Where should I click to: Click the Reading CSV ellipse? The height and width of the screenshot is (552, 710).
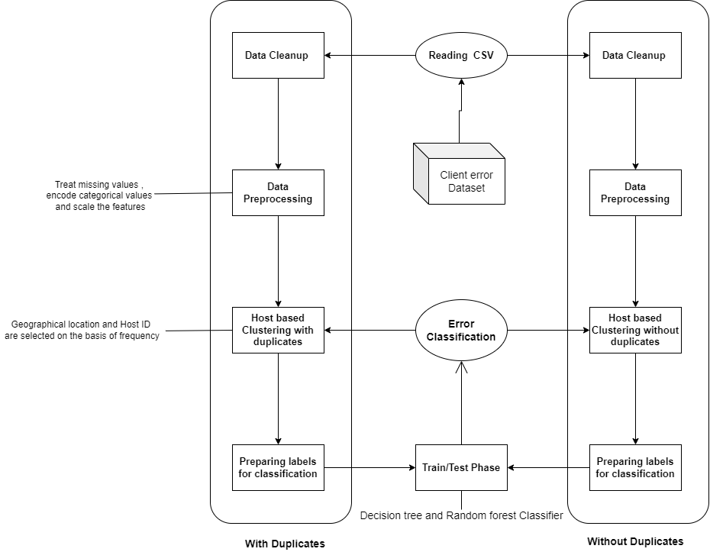[x=461, y=55]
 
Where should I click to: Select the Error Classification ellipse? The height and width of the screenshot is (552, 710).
[x=461, y=331]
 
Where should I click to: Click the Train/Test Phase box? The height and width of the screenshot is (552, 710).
[x=461, y=467]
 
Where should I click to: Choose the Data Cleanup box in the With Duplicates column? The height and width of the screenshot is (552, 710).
[x=278, y=55]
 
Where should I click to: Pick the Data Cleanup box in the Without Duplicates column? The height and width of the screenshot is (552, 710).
[x=634, y=55]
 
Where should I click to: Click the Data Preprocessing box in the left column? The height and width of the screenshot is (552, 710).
[x=278, y=192]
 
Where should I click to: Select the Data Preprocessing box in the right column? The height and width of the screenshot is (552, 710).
[x=634, y=192]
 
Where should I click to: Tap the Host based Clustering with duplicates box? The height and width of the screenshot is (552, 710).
[x=278, y=330]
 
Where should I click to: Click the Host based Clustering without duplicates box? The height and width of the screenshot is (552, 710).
[x=634, y=330]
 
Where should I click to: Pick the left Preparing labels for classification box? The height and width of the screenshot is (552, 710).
[x=278, y=467]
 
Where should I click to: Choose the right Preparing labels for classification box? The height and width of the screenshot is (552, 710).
[x=634, y=467]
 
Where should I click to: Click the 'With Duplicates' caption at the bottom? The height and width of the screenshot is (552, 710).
[x=285, y=544]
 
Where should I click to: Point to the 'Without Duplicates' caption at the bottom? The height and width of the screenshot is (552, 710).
[x=635, y=541]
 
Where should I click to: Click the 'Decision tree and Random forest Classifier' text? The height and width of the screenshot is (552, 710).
[x=461, y=515]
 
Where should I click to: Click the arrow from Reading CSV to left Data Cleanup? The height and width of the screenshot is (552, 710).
[x=370, y=55]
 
